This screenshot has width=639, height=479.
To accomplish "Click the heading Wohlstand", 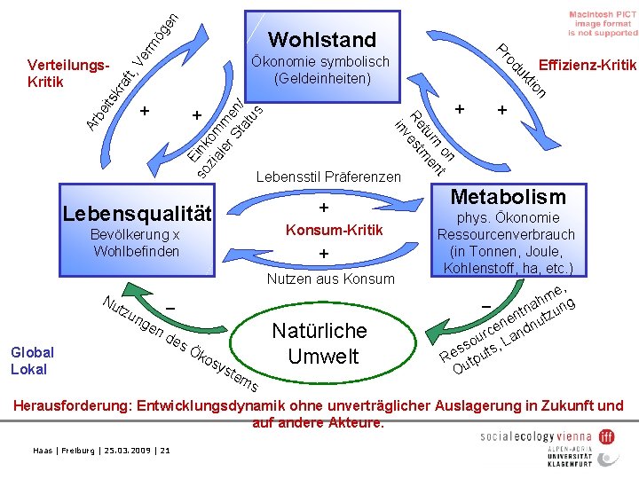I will [321, 39].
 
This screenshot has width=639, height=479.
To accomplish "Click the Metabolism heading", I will [509, 196].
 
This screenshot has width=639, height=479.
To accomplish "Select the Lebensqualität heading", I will [137, 214].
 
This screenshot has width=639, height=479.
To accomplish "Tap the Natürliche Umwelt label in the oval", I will [319, 344].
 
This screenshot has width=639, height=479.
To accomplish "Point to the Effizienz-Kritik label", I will [588, 64].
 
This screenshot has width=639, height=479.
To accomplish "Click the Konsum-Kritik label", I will [322, 230].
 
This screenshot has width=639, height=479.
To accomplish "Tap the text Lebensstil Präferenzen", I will [327, 177].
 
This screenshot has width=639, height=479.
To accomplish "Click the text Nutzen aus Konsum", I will [331, 279].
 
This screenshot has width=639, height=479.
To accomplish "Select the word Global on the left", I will [32, 352].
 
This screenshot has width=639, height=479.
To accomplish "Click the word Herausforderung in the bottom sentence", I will [71, 406].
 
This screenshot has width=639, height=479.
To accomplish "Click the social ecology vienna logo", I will [546, 436].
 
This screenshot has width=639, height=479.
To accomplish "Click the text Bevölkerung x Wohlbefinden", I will [137, 242].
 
